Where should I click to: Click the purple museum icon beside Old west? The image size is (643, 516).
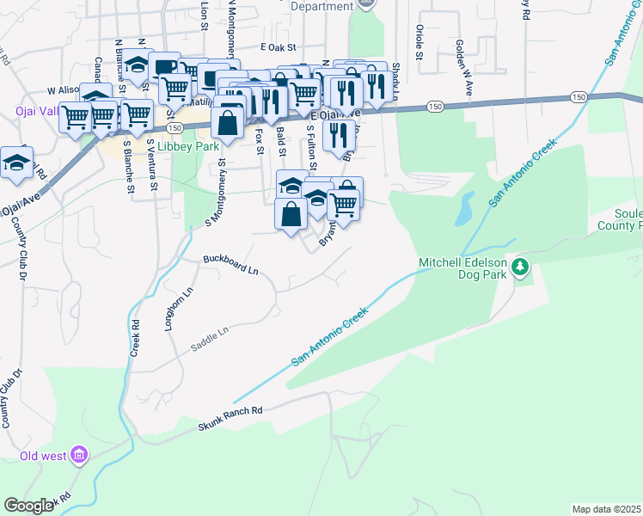pyautogui.click(x=78, y=454)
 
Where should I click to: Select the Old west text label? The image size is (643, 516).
pyautogui.click(x=42, y=456)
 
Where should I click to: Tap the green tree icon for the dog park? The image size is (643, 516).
pyautogui.click(x=519, y=267)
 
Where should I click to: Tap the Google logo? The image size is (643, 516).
pyautogui.click(x=28, y=506)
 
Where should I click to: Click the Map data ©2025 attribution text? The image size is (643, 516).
pyautogui.click(x=606, y=509)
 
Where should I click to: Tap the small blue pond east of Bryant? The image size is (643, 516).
pyautogui.click(x=466, y=207)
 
